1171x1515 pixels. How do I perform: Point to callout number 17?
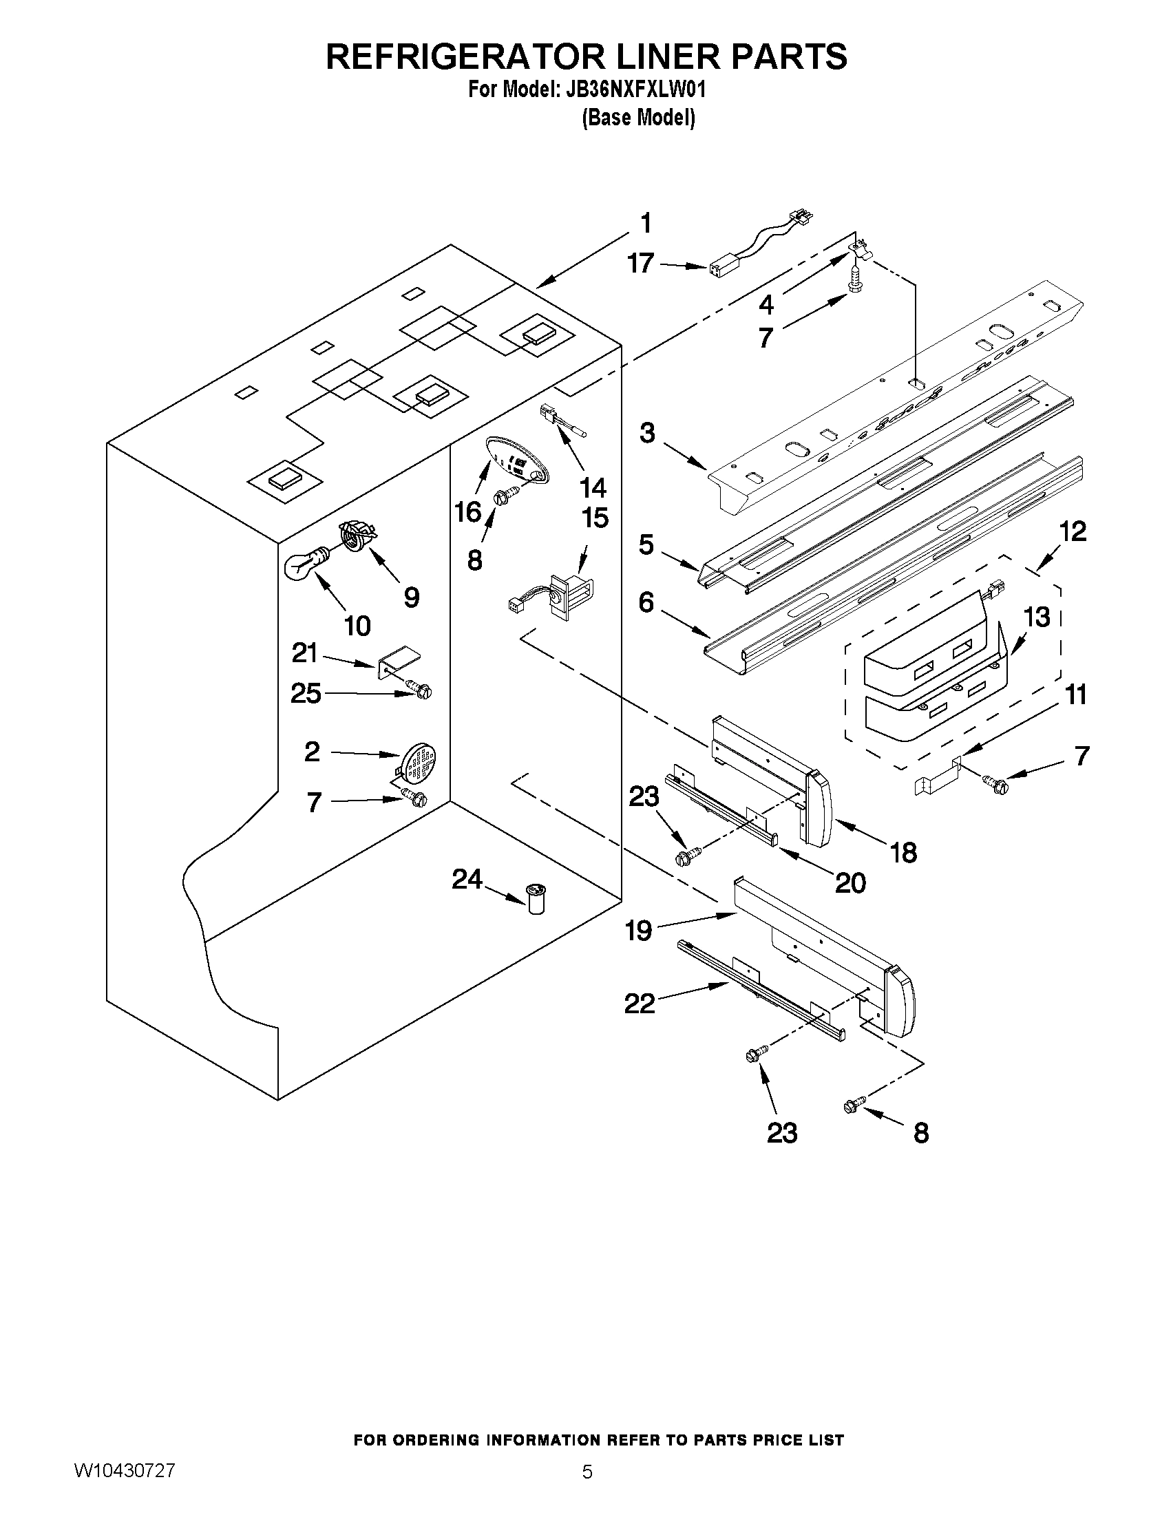pos(640,264)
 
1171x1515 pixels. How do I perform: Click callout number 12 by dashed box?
pos(1072,531)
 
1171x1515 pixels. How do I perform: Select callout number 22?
pos(639,1003)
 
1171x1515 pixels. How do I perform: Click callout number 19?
pos(638,931)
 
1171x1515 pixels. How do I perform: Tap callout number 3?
pos(646,434)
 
